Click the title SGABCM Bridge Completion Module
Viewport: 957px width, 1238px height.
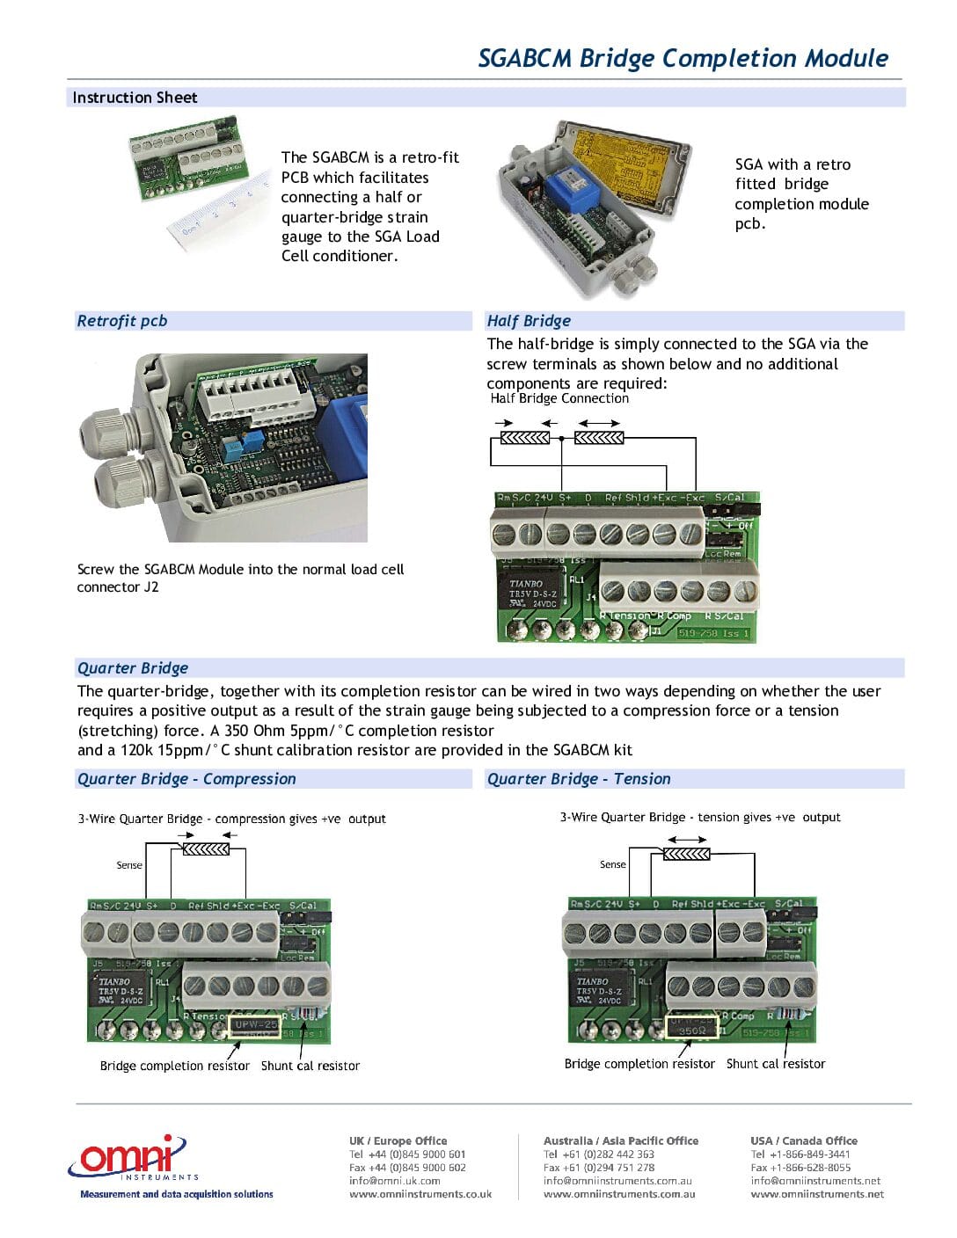683,58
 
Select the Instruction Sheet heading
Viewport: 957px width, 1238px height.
135,98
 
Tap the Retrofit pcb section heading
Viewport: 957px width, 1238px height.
121,321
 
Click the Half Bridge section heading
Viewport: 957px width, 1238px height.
529,321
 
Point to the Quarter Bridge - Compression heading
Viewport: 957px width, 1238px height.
186,779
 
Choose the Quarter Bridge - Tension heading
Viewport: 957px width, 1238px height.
579,779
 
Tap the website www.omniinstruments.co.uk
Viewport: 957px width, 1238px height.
420,1194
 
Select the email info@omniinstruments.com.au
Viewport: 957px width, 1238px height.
617,1181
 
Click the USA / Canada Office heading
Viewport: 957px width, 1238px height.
804,1140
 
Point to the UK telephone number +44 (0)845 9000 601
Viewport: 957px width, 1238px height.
407,1154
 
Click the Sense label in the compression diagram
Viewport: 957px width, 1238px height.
129,865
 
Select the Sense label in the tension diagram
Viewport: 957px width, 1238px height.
613,864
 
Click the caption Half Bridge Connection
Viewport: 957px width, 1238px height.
559,398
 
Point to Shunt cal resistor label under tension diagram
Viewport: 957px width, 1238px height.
776,1064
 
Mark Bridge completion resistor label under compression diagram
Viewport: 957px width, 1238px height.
175,1066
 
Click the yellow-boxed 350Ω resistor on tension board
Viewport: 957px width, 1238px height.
691,1027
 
